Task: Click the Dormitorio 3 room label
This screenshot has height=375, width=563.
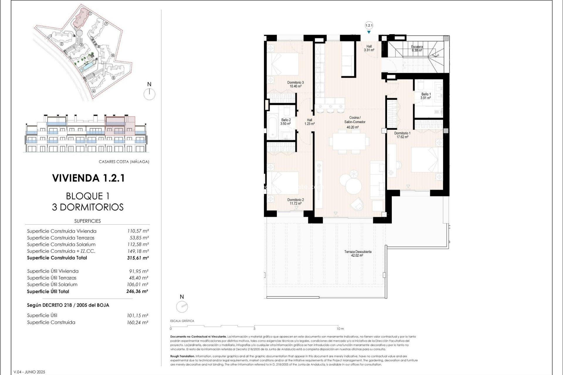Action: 295,84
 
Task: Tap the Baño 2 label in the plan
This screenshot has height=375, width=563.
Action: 286,122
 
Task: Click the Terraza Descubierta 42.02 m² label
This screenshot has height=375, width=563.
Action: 357,253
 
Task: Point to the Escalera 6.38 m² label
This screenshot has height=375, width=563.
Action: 417,48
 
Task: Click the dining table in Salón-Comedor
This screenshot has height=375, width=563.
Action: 349,142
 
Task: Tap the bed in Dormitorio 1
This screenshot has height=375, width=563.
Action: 427,160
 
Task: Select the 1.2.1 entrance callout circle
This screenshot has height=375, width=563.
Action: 369,25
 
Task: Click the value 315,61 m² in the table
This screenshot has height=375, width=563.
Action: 138,258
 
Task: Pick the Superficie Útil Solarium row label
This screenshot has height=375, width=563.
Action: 52,284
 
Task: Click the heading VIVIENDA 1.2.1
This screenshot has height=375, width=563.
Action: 88,178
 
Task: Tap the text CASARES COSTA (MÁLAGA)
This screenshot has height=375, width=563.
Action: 124,162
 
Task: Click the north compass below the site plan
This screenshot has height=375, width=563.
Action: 149,94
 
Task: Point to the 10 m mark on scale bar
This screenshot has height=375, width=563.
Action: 340,329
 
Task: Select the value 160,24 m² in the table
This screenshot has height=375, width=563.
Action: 138,323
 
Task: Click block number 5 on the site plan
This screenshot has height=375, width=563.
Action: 113,78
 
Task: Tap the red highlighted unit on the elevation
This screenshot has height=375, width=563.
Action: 120,126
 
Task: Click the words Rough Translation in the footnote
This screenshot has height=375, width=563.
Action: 182,356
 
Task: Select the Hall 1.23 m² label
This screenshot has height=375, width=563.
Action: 309,122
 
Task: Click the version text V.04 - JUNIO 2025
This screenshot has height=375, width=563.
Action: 29,372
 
